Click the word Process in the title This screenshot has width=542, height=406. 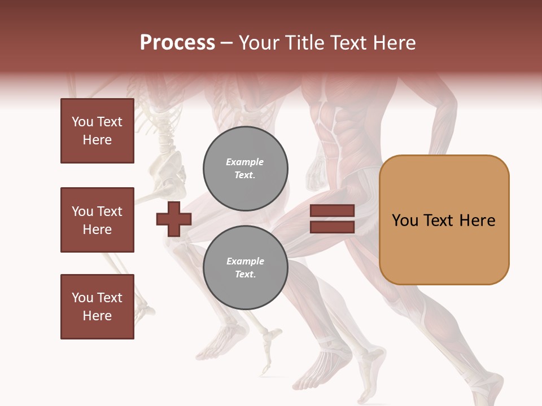[x=177, y=43]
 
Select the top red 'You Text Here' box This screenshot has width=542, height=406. [x=97, y=131]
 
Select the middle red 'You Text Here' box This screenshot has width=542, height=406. [x=97, y=220]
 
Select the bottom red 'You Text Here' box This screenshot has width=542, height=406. [x=97, y=307]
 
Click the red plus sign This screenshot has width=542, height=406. [x=174, y=219]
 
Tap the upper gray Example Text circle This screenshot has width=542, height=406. [x=246, y=169]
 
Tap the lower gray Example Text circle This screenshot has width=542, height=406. [x=246, y=268]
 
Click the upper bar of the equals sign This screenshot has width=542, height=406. [x=332, y=210]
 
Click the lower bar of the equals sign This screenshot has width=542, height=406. [x=332, y=227]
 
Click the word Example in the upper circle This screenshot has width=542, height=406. [x=245, y=162]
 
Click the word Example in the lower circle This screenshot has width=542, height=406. [x=245, y=261]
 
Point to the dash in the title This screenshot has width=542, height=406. [x=226, y=43]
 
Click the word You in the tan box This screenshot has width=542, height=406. [x=405, y=220]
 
